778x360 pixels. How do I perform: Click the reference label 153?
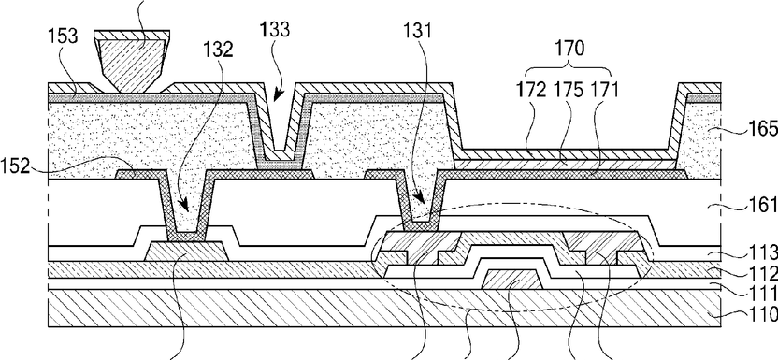(63, 37)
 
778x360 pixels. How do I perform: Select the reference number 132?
(218, 50)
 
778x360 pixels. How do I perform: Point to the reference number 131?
(417, 31)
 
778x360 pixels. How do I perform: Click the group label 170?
(569, 49)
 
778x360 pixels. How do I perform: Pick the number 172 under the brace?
(531, 91)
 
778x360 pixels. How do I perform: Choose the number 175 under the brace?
(569, 91)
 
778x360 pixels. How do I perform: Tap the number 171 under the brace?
(603, 91)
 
